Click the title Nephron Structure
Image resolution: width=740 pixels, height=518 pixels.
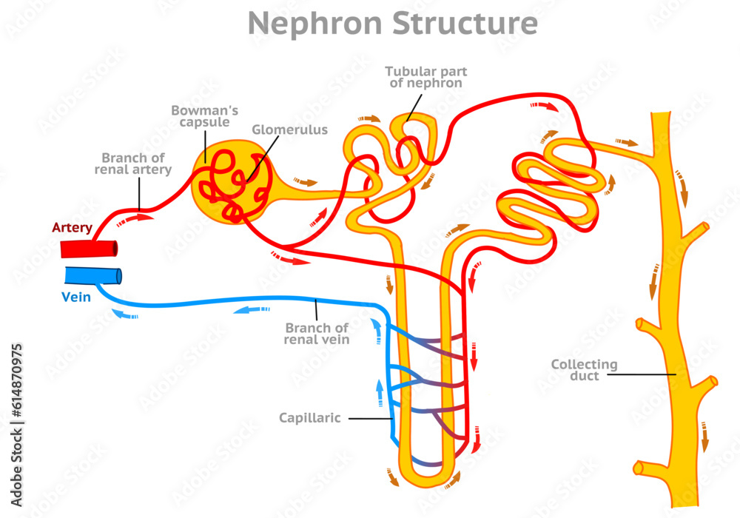392,24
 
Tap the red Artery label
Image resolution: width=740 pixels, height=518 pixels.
72,228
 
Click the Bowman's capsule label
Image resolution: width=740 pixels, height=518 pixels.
200,116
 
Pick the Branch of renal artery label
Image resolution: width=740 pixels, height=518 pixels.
133,164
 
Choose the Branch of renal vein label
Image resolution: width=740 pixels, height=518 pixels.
316,334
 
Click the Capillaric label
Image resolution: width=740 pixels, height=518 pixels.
309,418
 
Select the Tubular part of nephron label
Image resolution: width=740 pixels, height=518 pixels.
425,77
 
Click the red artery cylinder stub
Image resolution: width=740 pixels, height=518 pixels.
88,249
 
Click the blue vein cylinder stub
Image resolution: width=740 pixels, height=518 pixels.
92,275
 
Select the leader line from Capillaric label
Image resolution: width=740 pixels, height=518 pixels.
370,418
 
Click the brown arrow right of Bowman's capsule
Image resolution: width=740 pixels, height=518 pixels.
305,181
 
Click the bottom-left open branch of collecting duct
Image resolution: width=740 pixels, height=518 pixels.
640,468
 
